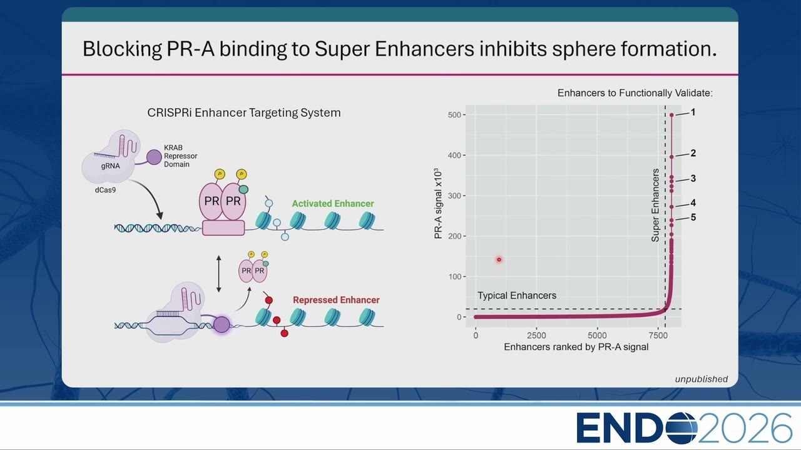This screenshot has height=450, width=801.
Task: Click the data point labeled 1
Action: click(x=671, y=115)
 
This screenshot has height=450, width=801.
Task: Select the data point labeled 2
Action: click(x=671, y=157)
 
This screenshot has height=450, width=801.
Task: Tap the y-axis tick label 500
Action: click(x=454, y=115)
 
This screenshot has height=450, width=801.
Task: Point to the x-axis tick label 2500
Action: click(x=536, y=336)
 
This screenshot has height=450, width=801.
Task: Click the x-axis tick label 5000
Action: click(x=597, y=336)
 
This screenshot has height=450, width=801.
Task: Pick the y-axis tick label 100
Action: click(x=454, y=277)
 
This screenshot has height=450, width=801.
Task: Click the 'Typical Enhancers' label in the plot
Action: click(x=517, y=296)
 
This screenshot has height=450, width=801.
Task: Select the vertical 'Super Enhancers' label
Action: click(x=655, y=206)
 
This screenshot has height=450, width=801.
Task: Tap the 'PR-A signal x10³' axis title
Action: click(x=438, y=204)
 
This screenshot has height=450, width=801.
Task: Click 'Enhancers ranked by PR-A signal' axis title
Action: click(x=576, y=347)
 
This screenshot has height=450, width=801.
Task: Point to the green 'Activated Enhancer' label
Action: click(x=333, y=204)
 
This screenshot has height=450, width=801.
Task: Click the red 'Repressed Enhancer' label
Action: click(x=336, y=300)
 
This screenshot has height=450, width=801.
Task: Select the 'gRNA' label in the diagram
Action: click(x=111, y=166)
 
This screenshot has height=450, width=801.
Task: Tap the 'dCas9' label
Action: click(x=105, y=190)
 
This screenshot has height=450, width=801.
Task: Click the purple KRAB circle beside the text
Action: click(x=154, y=157)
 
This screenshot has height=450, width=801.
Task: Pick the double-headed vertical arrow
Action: click(x=219, y=274)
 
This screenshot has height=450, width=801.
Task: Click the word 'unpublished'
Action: click(x=702, y=379)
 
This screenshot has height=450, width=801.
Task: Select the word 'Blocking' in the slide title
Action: click(x=122, y=49)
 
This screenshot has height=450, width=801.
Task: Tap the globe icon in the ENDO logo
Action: click(x=682, y=428)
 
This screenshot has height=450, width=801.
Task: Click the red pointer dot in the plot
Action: click(x=499, y=259)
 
